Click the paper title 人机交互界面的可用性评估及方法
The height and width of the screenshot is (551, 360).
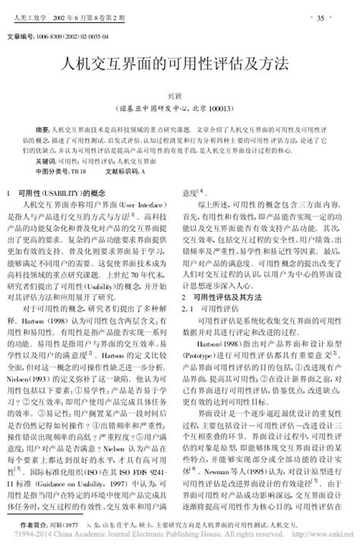[x=179, y=62]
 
